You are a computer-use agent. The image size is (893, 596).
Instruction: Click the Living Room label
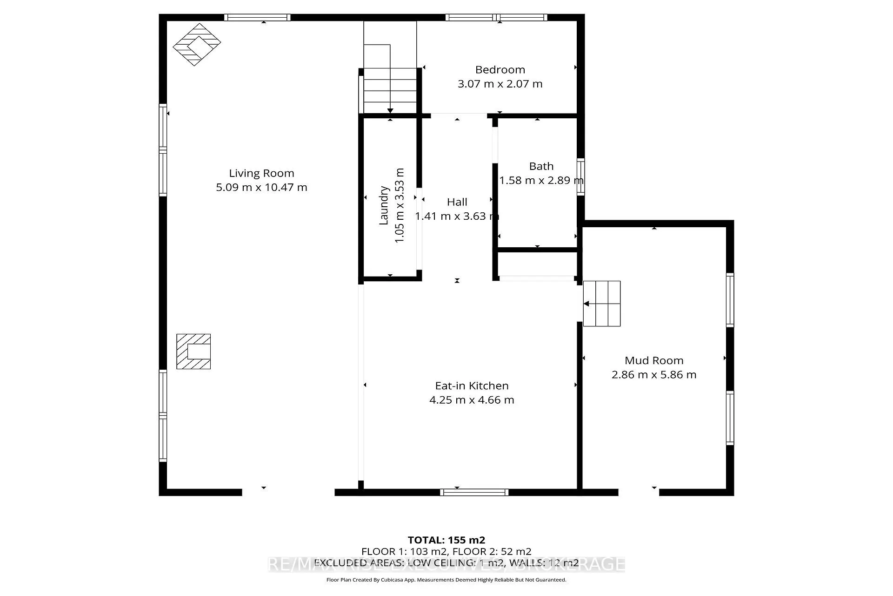click(261, 173)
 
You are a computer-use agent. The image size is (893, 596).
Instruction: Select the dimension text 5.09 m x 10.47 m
click(261, 188)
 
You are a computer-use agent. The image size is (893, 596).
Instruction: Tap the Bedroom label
click(500, 70)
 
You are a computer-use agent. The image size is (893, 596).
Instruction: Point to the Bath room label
click(541, 166)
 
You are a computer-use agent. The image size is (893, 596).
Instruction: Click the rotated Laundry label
click(384, 205)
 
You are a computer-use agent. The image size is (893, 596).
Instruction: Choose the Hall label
click(457, 202)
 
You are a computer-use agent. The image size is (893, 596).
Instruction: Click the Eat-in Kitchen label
click(472, 386)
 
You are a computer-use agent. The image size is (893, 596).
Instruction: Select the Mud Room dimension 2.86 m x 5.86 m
click(653, 375)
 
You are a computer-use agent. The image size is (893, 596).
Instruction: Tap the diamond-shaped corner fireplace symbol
click(197, 44)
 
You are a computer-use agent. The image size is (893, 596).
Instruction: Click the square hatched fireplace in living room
click(193, 352)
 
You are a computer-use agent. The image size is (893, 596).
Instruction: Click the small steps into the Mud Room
click(602, 304)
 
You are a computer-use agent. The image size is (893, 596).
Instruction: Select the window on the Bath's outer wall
click(581, 177)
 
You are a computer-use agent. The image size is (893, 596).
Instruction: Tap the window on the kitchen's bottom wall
click(474, 492)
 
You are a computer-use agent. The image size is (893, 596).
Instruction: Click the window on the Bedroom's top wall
click(496, 18)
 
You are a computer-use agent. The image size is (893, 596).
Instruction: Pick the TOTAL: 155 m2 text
click(446, 540)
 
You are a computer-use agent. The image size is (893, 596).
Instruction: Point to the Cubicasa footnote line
click(446, 580)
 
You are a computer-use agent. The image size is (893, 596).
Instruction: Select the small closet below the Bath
click(537, 264)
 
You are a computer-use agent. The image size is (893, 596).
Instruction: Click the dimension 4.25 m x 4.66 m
click(472, 400)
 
